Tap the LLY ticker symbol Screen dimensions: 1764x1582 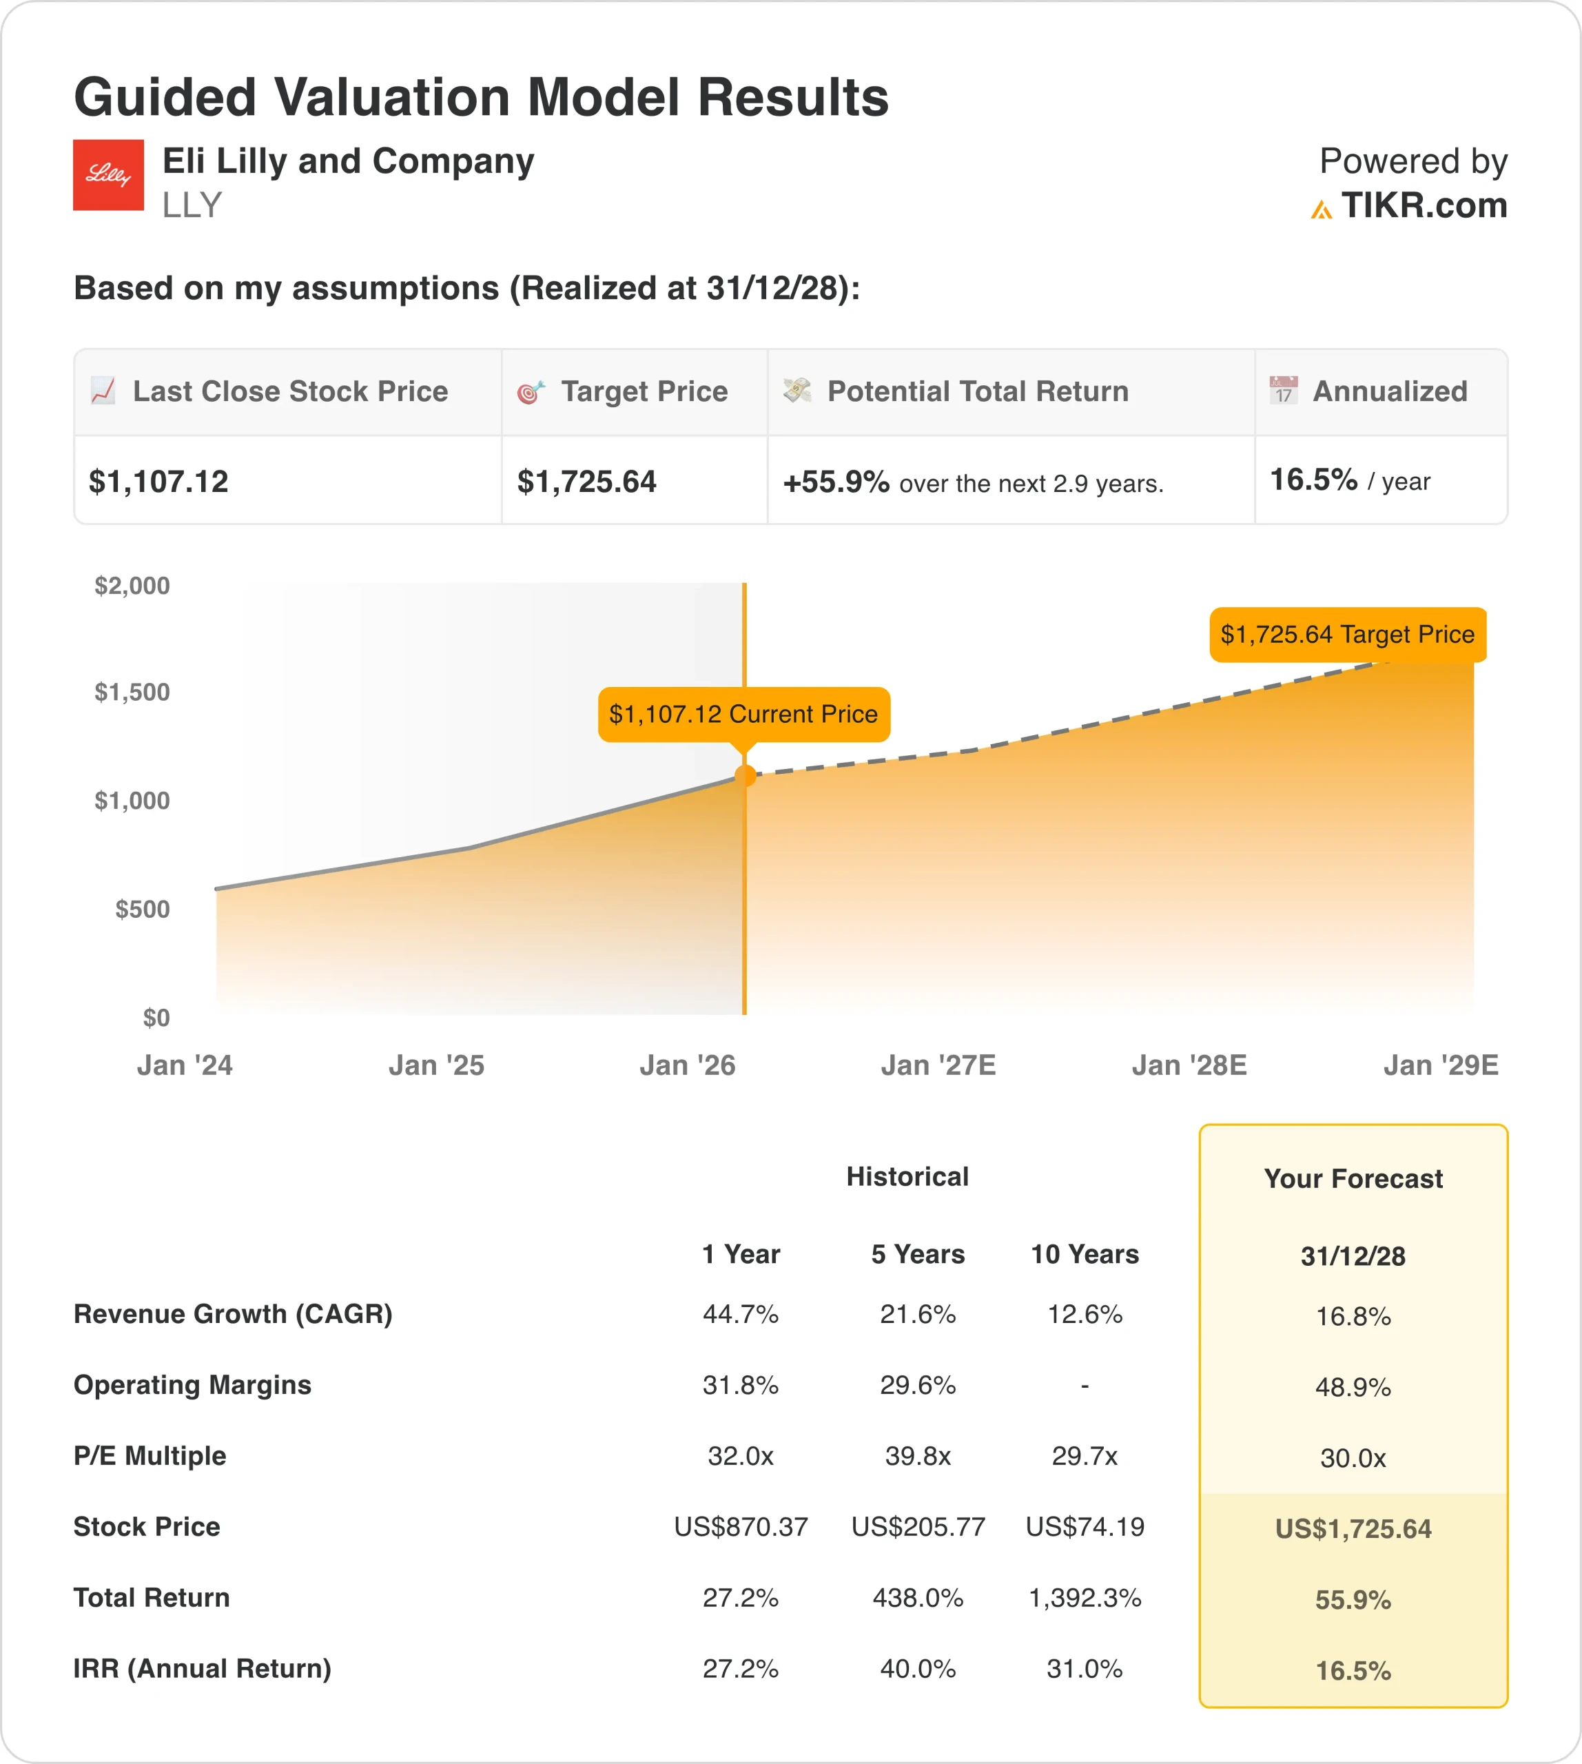click(192, 205)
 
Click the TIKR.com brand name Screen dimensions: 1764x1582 click(1423, 205)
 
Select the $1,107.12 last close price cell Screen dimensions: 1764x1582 click(159, 481)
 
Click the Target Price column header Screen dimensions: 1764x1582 click(644, 391)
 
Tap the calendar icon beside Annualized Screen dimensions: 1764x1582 click(1283, 391)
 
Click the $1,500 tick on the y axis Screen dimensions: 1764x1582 click(132, 692)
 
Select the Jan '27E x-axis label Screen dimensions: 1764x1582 click(938, 1065)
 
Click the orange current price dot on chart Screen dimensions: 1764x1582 click(745, 775)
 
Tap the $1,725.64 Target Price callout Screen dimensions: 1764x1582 click(1347, 635)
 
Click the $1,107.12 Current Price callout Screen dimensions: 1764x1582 click(743, 715)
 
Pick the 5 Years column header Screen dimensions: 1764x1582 click(918, 1253)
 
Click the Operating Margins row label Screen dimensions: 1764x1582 click(192, 1385)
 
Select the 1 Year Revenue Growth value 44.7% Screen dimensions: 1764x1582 click(741, 1313)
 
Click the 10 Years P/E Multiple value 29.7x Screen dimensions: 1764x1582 click(1085, 1455)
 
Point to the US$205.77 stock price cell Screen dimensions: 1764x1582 click(918, 1527)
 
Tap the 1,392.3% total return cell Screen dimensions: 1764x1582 click(1085, 1597)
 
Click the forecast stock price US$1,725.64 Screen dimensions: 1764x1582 click(1353, 1528)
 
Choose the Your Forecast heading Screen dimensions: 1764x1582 click(1353, 1179)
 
